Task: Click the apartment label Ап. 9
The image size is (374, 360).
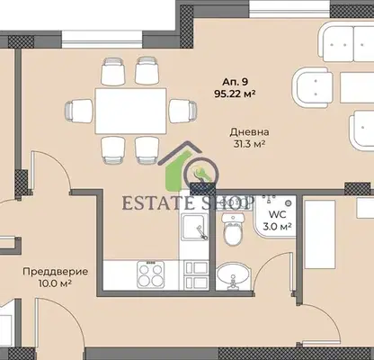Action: coord(235,82)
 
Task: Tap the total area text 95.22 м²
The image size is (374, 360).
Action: coord(235,94)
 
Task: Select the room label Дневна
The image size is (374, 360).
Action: coord(249,132)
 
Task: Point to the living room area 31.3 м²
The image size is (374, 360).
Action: coord(249,144)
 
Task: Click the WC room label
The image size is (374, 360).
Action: coord(277,214)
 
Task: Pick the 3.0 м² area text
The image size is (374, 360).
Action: coord(277,227)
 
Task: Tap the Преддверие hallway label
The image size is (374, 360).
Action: coord(56,272)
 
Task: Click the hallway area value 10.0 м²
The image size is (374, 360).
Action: coord(55,283)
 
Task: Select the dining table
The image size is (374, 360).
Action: coord(130,111)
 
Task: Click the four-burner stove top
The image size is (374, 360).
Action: coord(151,274)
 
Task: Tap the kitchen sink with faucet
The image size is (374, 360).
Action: coord(194,229)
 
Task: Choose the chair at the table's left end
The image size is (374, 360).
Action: coord(79,111)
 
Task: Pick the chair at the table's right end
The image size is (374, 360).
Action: coord(183,111)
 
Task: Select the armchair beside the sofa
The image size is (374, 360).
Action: coord(315,87)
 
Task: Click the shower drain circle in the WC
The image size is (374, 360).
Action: coord(288,203)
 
